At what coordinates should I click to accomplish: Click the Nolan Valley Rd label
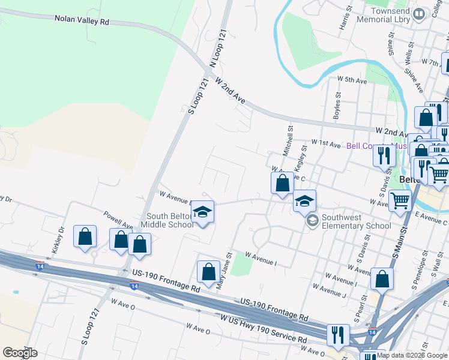tap(82, 20)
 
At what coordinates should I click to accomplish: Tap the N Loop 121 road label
tap(220, 49)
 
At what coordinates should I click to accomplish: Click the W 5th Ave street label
tap(352, 79)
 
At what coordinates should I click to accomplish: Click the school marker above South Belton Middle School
tap(203, 212)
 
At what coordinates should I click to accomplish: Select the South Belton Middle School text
tap(167, 220)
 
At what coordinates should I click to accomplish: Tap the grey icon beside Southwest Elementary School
tap(312, 221)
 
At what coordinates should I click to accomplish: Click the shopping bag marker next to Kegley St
tap(282, 183)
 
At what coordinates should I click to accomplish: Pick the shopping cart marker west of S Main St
tap(399, 201)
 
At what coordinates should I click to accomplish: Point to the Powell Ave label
tap(118, 219)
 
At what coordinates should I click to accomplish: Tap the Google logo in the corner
tap(20, 353)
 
